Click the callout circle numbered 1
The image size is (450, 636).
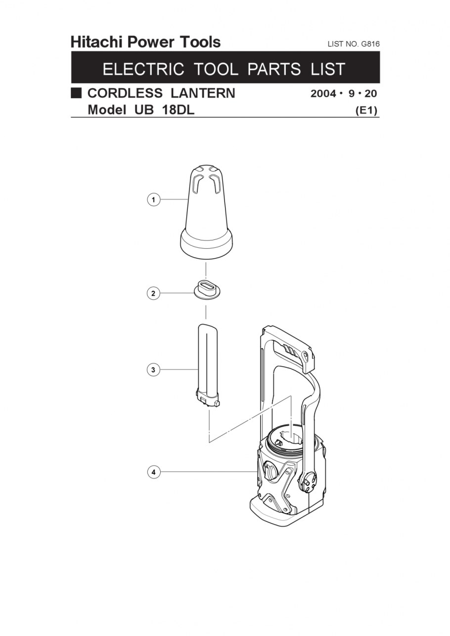(x=153, y=199)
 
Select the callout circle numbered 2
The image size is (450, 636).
(x=153, y=293)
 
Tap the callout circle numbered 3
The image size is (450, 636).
(x=153, y=370)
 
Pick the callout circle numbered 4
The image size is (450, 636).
(x=153, y=472)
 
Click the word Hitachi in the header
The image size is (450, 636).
(x=96, y=42)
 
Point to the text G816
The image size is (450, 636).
(x=370, y=44)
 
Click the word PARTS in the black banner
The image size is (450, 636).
(x=274, y=69)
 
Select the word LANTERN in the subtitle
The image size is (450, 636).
(x=203, y=93)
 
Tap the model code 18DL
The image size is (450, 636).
(x=178, y=110)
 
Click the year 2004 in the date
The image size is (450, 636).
(x=323, y=93)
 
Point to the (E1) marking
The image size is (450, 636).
(x=367, y=110)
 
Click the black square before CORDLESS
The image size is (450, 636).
(x=76, y=93)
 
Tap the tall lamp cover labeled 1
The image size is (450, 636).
(x=207, y=211)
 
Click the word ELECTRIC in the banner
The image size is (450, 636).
(x=143, y=69)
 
